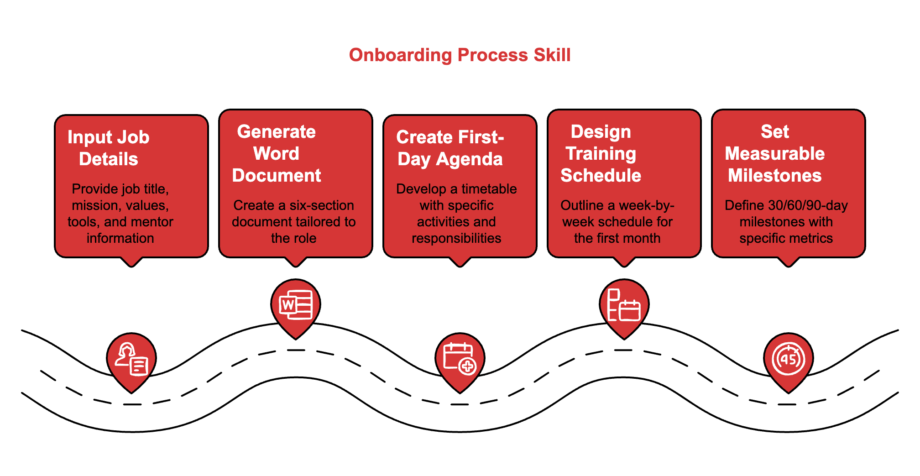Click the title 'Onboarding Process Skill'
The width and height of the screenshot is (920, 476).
click(x=460, y=55)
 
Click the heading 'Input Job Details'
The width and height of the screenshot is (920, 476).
click(x=109, y=148)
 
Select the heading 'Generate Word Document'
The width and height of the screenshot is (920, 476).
click(x=277, y=153)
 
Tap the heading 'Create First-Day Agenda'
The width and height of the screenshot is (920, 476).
click(x=450, y=148)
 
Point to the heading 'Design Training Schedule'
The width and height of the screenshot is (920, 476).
click(x=601, y=153)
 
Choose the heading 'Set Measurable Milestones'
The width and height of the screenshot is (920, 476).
click(x=774, y=153)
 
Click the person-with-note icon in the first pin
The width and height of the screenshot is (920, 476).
click(x=131, y=359)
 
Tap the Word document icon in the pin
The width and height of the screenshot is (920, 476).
click(x=296, y=305)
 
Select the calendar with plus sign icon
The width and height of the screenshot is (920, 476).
click(x=460, y=359)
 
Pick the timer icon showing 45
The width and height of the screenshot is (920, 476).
click(x=789, y=359)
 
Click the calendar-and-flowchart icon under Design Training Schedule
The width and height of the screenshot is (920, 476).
click(x=624, y=305)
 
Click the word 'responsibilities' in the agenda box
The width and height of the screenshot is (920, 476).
click(x=456, y=238)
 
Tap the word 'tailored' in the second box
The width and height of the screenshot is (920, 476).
click(x=314, y=222)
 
